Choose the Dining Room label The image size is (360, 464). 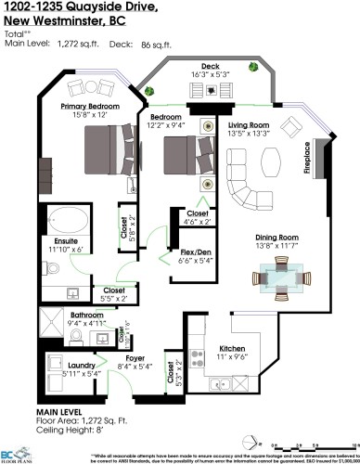click(277, 238)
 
